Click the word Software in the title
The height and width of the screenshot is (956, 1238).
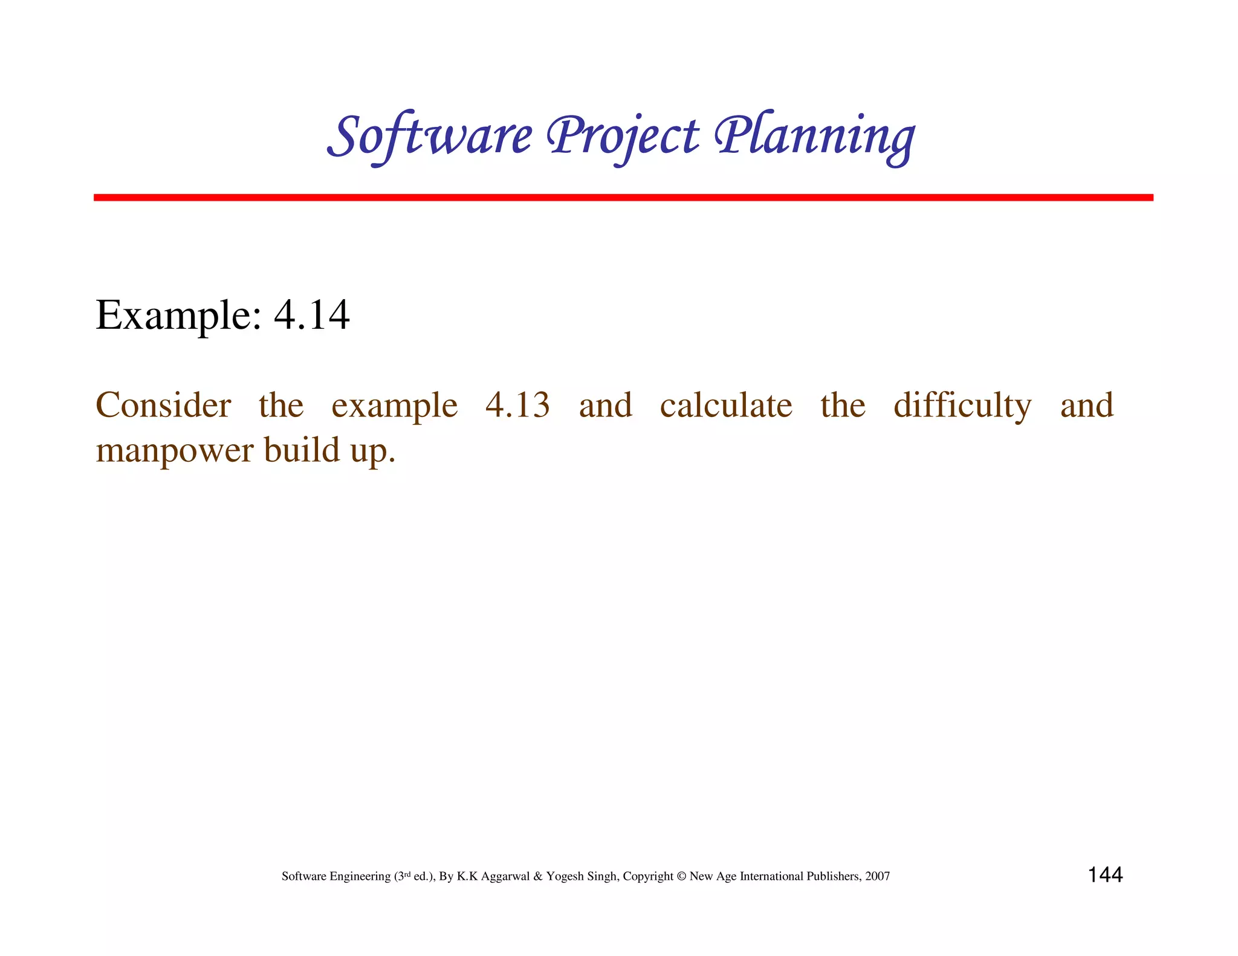tap(430, 136)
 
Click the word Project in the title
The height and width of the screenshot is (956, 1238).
tap(623, 136)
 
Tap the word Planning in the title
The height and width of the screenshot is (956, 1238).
tap(814, 136)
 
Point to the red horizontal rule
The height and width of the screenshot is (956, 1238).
tap(623, 198)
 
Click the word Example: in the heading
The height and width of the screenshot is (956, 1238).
tap(178, 315)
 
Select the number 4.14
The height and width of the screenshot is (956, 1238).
tap(311, 315)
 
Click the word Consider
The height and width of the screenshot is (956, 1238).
tap(163, 405)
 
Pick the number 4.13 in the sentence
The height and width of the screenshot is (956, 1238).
tap(517, 405)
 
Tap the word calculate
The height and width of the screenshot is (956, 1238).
tap(726, 405)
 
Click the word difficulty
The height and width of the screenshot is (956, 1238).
tap(962, 405)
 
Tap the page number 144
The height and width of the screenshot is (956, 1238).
tap(1105, 875)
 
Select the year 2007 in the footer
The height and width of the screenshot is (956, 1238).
tap(877, 876)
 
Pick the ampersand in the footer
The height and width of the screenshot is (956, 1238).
tap(537, 876)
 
